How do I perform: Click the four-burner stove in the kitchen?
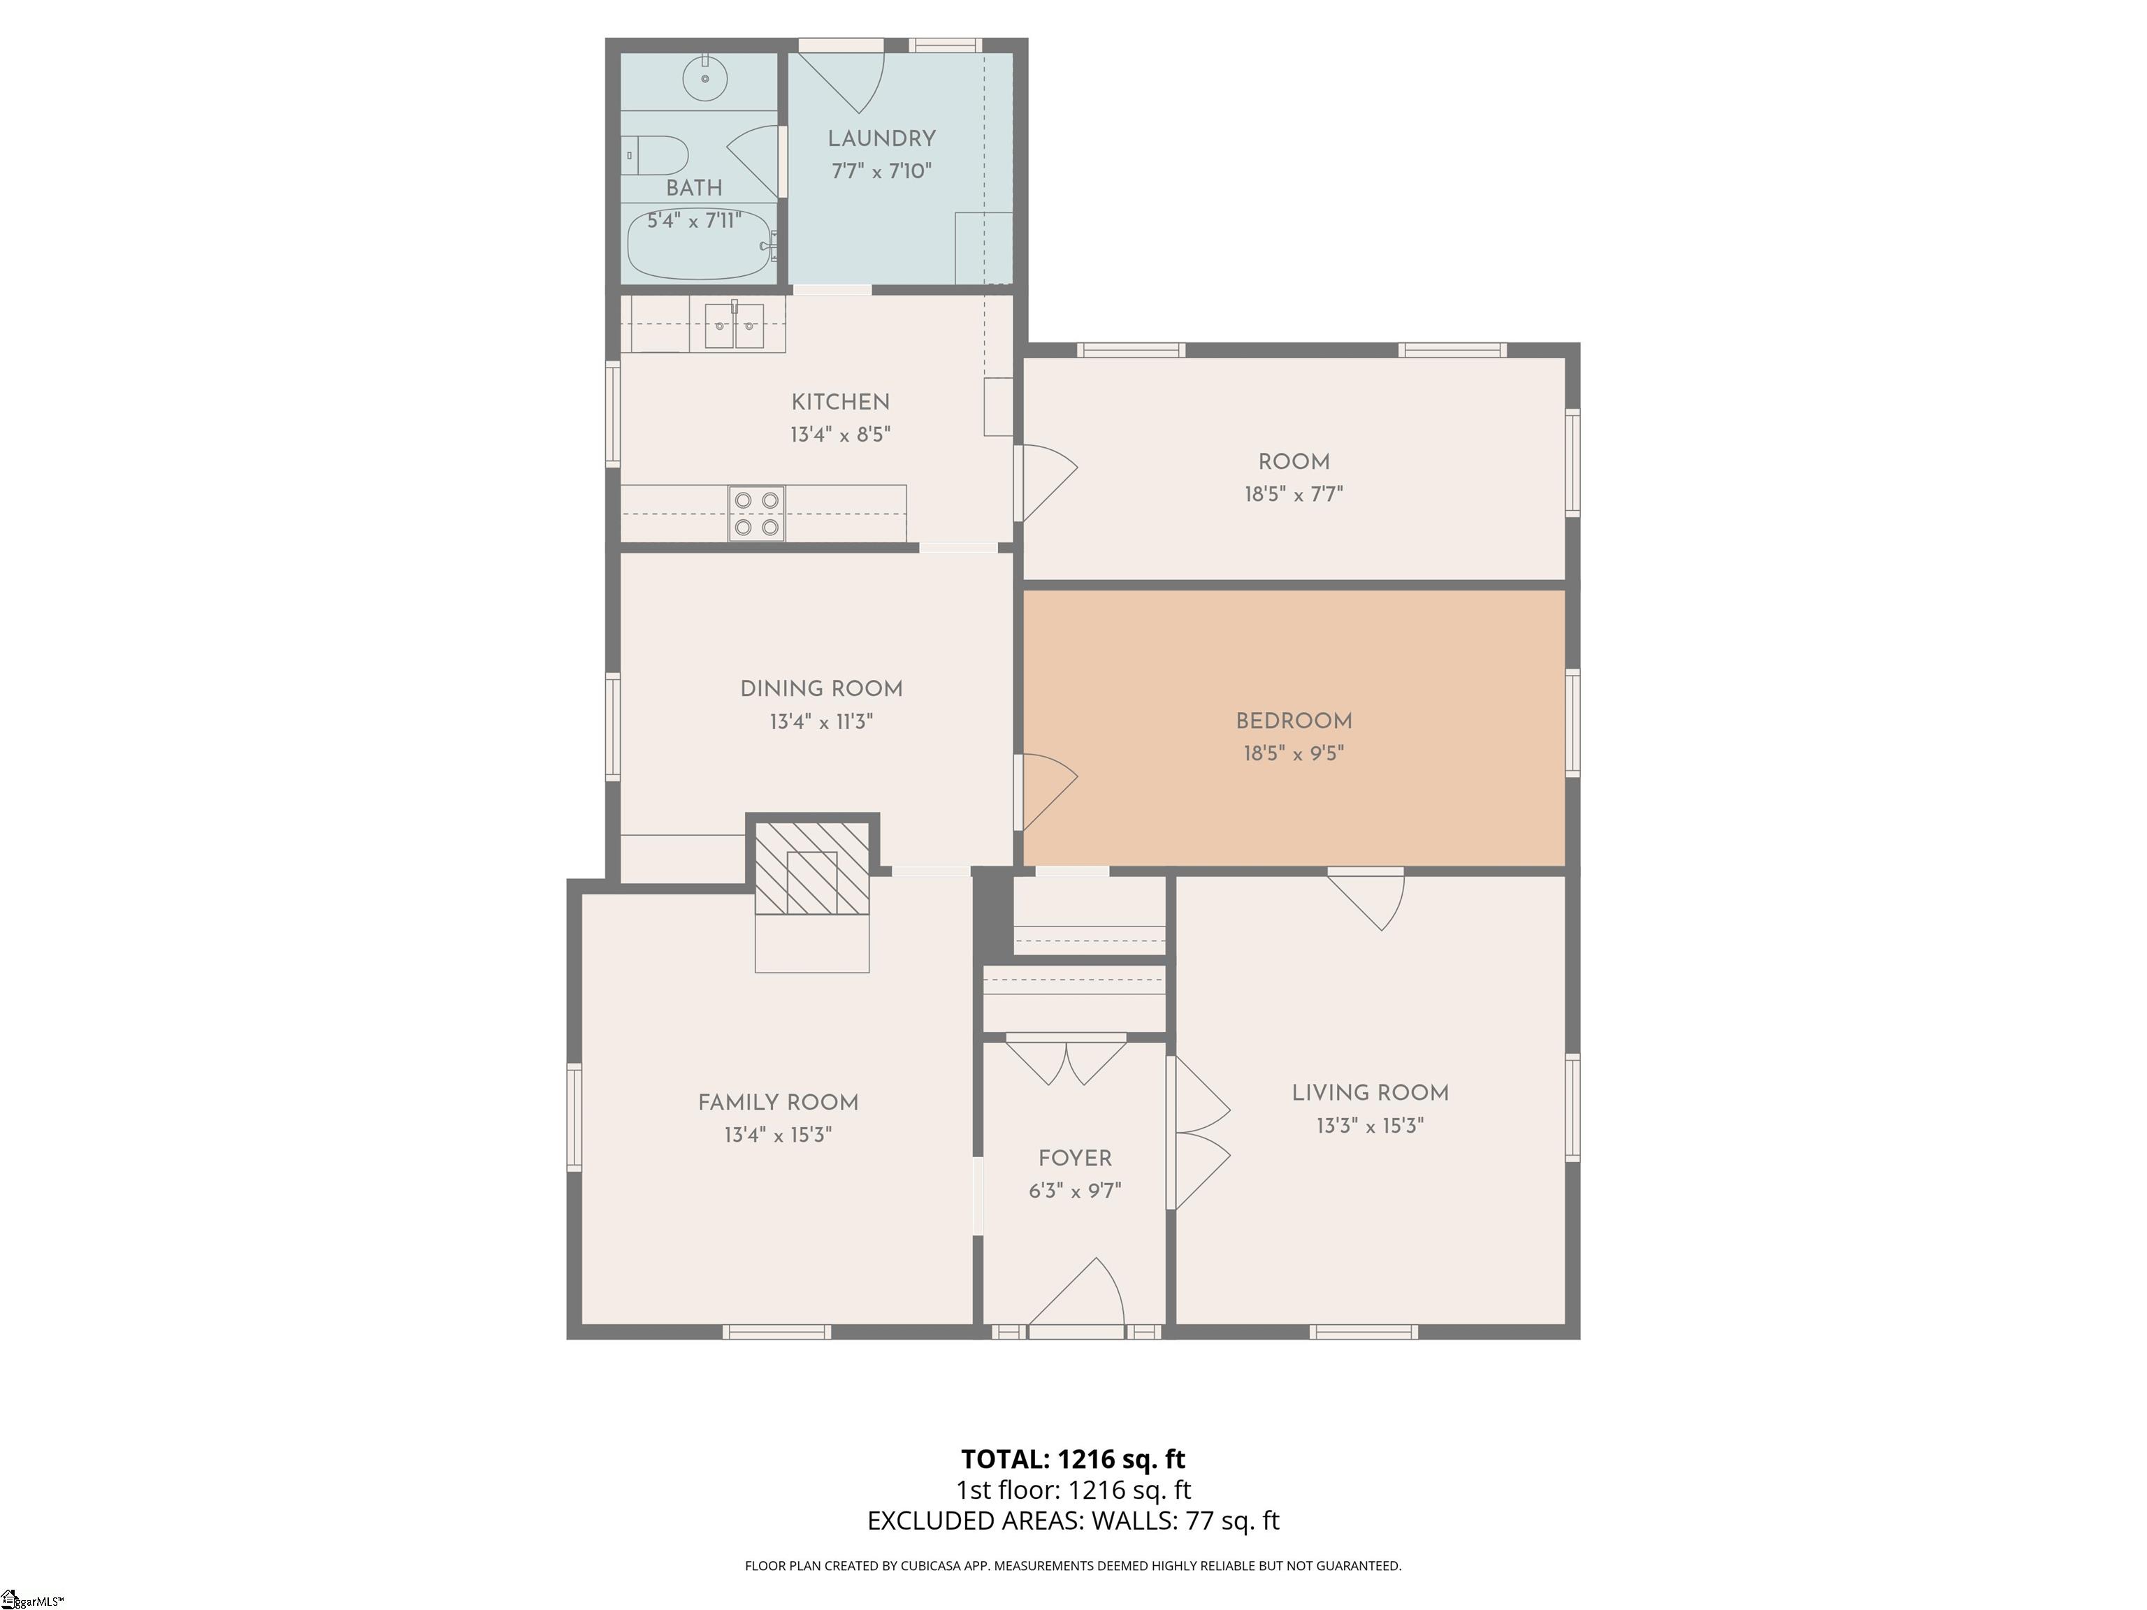[x=757, y=514]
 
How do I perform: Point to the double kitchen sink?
[x=734, y=325]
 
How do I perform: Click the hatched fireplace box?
[x=812, y=869]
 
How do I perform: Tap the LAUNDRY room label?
[x=881, y=139]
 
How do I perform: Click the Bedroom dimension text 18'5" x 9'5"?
[x=1294, y=753]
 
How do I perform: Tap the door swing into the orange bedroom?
[x=1049, y=791]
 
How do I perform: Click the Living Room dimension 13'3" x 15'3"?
[x=1370, y=1126]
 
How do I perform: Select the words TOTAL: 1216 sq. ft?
[x=1073, y=1458]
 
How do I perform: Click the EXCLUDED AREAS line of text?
[x=1073, y=1521]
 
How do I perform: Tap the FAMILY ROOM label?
[x=779, y=1103]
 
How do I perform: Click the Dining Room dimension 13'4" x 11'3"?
[x=821, y=722]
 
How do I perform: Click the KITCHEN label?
[x=841, y=402]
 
